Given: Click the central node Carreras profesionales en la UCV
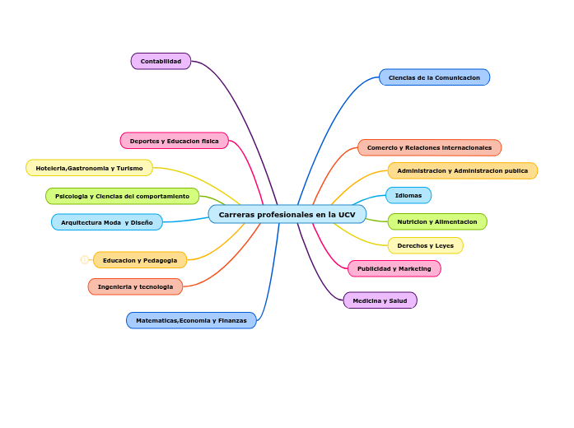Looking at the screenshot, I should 287,214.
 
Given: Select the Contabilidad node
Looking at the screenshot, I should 161,61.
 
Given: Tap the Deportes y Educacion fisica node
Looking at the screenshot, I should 174,141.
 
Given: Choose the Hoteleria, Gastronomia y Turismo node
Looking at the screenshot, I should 89,168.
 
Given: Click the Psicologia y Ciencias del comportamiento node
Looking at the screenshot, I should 122,196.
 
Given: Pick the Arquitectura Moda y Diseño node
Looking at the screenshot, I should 106,222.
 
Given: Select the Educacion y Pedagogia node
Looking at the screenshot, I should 139,260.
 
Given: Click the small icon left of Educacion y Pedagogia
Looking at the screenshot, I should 84,260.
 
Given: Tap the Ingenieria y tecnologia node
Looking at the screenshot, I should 135,286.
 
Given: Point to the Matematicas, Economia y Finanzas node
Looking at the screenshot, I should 191,320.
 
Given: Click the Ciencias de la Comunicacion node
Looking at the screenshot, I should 434,77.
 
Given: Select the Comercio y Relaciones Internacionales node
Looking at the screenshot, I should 429,147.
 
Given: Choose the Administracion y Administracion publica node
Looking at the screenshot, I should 462,170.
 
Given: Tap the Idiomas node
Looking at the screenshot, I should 408,195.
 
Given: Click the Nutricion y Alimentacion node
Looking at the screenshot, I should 436,221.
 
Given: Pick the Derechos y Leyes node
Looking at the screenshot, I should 425,245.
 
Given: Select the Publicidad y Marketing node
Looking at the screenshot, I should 394,268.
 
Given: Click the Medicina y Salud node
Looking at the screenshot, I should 380,300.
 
